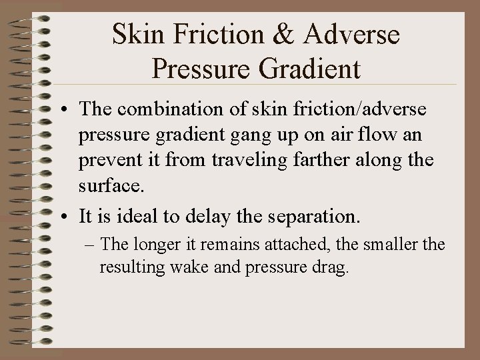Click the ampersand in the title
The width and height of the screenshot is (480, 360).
click(x=281, y=35)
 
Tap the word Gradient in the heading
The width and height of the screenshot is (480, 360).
click(x=311, y=67)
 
